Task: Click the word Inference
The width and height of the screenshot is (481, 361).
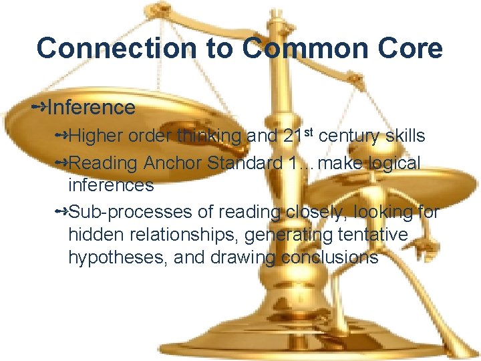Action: [x=92, y=107]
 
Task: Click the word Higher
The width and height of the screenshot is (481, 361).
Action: [x=96, y=136]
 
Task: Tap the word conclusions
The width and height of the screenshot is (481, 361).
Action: [x=330, y=258]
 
